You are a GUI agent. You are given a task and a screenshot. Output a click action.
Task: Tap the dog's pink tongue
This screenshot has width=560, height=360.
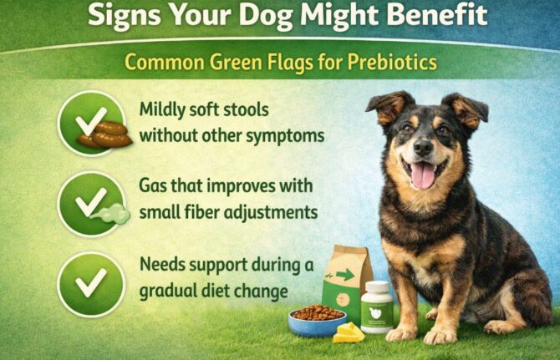click(424, 174)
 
